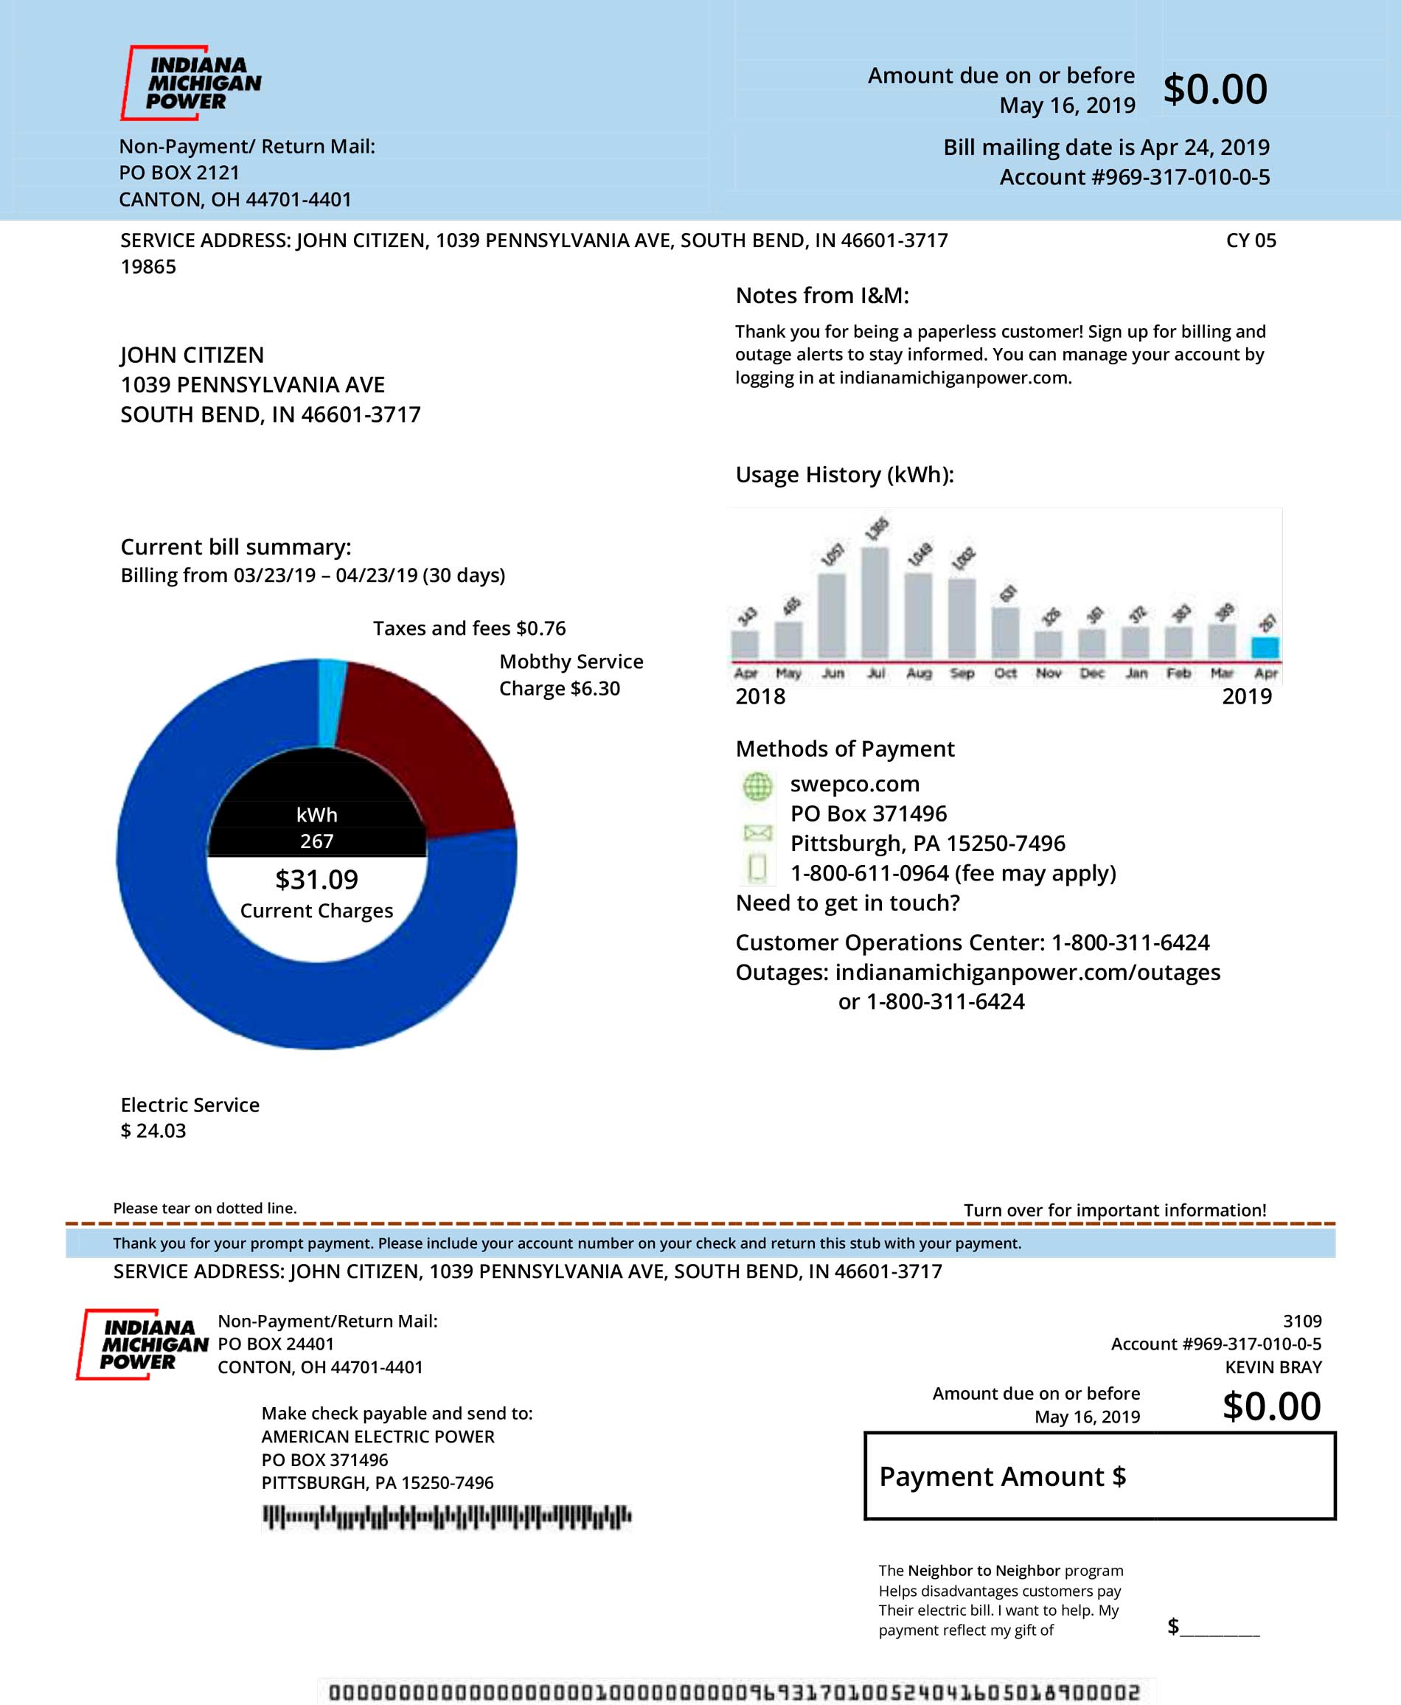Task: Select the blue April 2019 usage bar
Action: point(1265,647)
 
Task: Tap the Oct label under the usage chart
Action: point(1005,673)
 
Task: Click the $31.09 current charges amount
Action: point(316,880)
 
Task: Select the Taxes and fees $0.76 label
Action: point(469,628)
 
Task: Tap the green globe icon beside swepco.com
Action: point(757,785)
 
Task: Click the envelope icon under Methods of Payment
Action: point(757,832)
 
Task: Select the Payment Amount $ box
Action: point(1099,1476)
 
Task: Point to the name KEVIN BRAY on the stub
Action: point(1273,1367)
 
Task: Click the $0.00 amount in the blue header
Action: point(1214,88)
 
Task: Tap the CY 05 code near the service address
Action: point(1250,240)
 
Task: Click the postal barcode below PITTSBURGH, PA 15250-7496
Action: point(446,1517)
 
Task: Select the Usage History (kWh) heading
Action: point(844,474)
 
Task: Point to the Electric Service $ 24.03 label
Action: point(190,1117)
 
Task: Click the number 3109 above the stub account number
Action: point(1301,1321)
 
